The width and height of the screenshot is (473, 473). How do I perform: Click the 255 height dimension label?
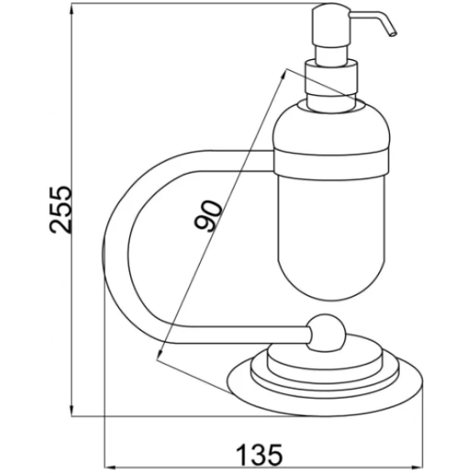[x=61, y=210]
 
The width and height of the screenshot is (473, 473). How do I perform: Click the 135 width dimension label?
[x=260, y=455]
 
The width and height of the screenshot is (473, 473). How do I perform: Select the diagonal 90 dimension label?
[x=208, y=216]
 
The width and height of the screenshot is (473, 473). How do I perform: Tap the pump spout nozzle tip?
[x=393, y=34]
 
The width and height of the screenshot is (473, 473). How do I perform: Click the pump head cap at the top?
[x=331, y=25]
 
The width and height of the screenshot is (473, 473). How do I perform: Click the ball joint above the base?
[x=326, y=333]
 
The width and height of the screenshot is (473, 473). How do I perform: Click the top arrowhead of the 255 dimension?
[x=72, y=9]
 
